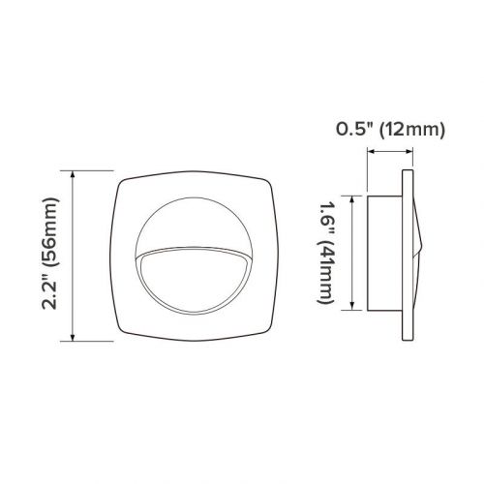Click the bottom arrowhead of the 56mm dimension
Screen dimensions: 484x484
(x=74, y=340)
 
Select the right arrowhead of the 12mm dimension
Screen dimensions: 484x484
(x=413, y=149)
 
